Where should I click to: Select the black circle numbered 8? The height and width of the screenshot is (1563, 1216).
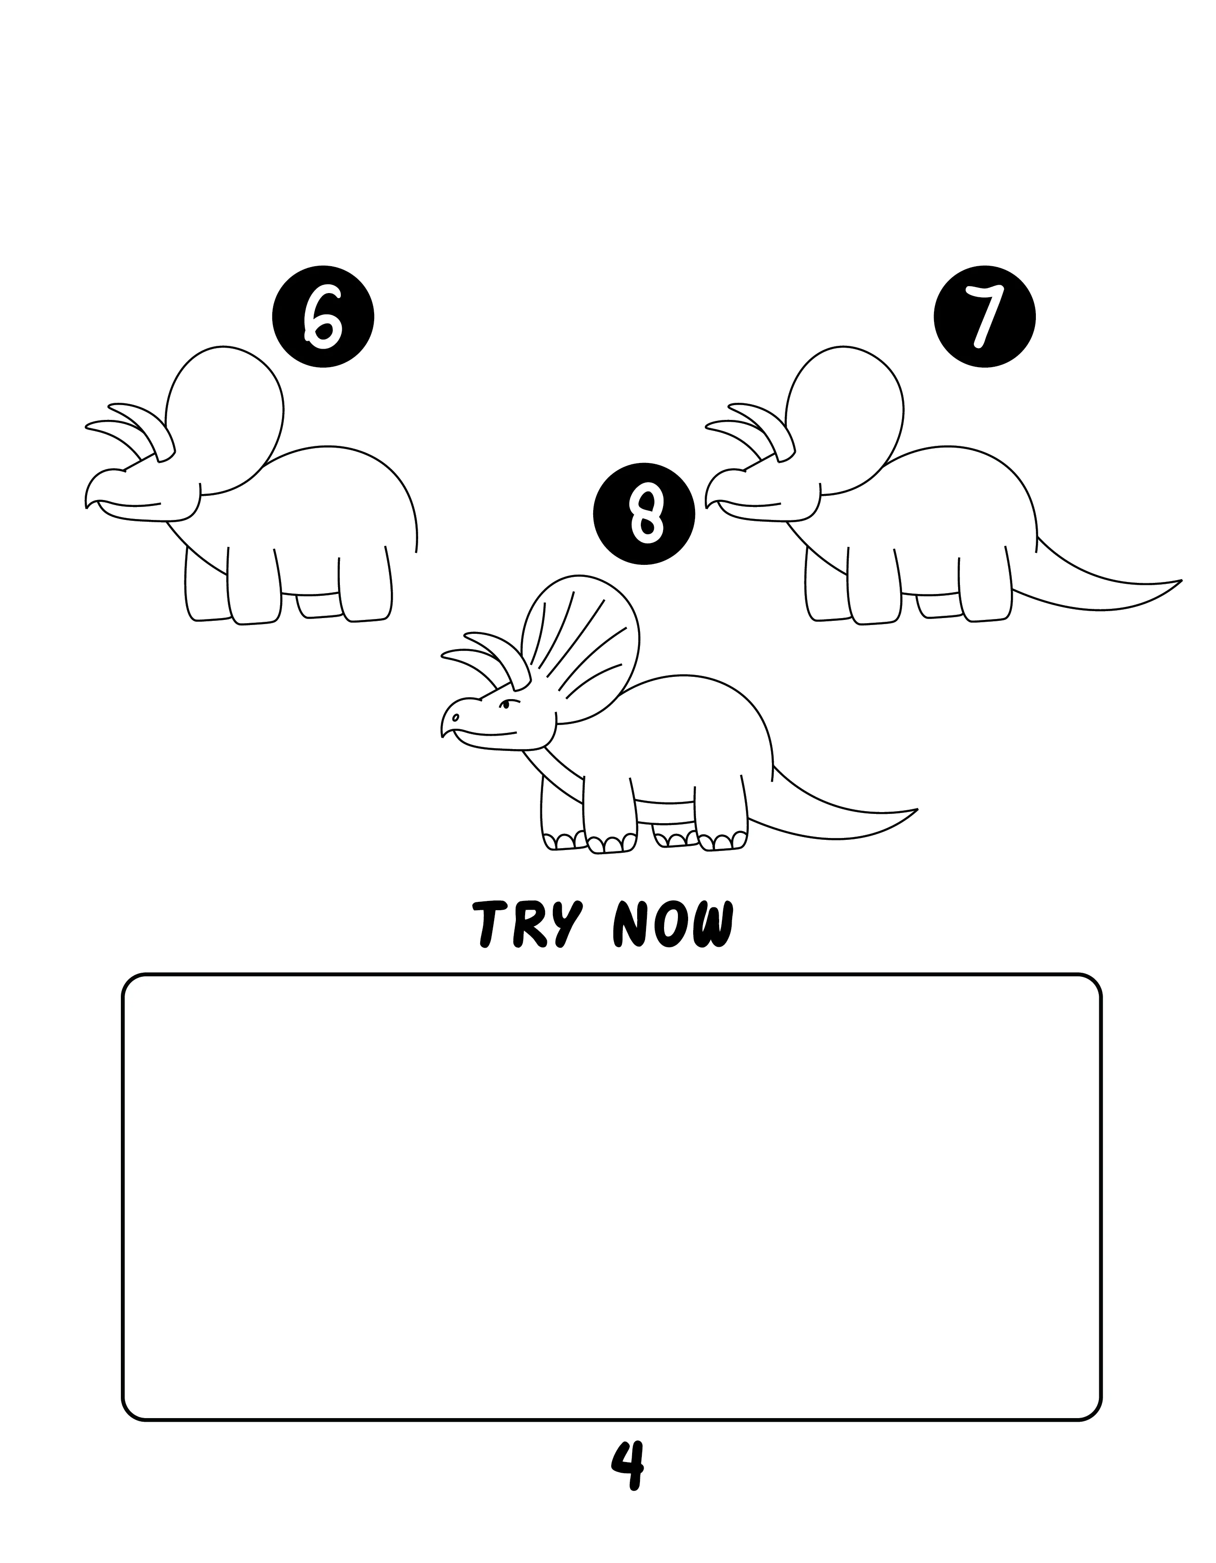click(x=644, y=514)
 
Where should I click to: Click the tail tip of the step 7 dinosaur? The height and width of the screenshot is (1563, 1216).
click(x=1181, y=581)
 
